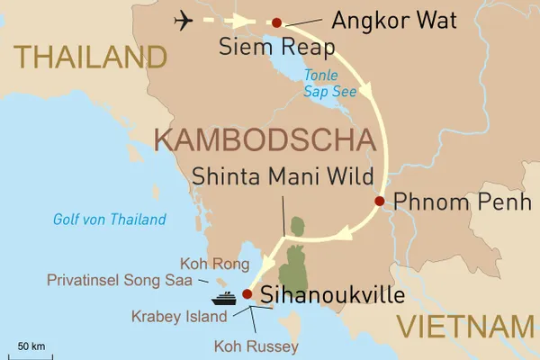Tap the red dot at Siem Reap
276,22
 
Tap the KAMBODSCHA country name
265,140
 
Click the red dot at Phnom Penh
380,201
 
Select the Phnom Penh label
464,202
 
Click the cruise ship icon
223,297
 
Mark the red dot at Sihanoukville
247,293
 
